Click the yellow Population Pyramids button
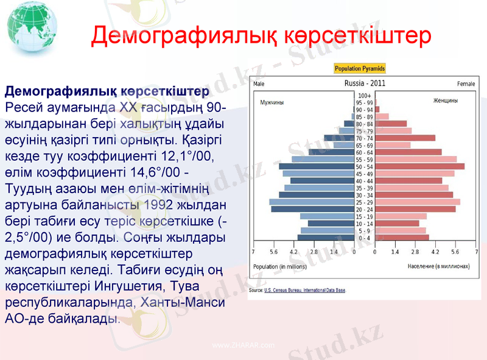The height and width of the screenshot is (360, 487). click(x=360, y=69)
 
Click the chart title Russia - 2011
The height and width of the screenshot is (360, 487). click(x=365, y=83)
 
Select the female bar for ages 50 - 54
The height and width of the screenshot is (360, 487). click(x=420, y=166)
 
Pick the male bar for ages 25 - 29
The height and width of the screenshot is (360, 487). click(x=312, y=202)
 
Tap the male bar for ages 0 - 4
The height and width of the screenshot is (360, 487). click(x=326, y=238)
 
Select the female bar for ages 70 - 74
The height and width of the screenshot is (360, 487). click(x=405, y=138)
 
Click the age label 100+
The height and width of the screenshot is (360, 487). click(x=365, y=96)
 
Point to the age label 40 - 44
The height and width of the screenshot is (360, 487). click(x=365, y=181)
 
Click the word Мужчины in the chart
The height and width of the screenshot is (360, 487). click(x=272, y=102)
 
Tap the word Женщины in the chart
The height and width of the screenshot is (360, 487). click(x=446, y=101)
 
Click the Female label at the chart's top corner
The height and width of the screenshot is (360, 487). click(x=466, y=83)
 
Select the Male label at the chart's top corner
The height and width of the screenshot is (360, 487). click(x=259, y=83)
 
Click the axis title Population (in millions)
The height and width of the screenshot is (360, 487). click(x=280, y=267)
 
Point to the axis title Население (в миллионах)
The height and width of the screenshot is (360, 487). click(x=438, y=267)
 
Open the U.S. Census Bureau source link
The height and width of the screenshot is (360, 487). click(x=304, y=291)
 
